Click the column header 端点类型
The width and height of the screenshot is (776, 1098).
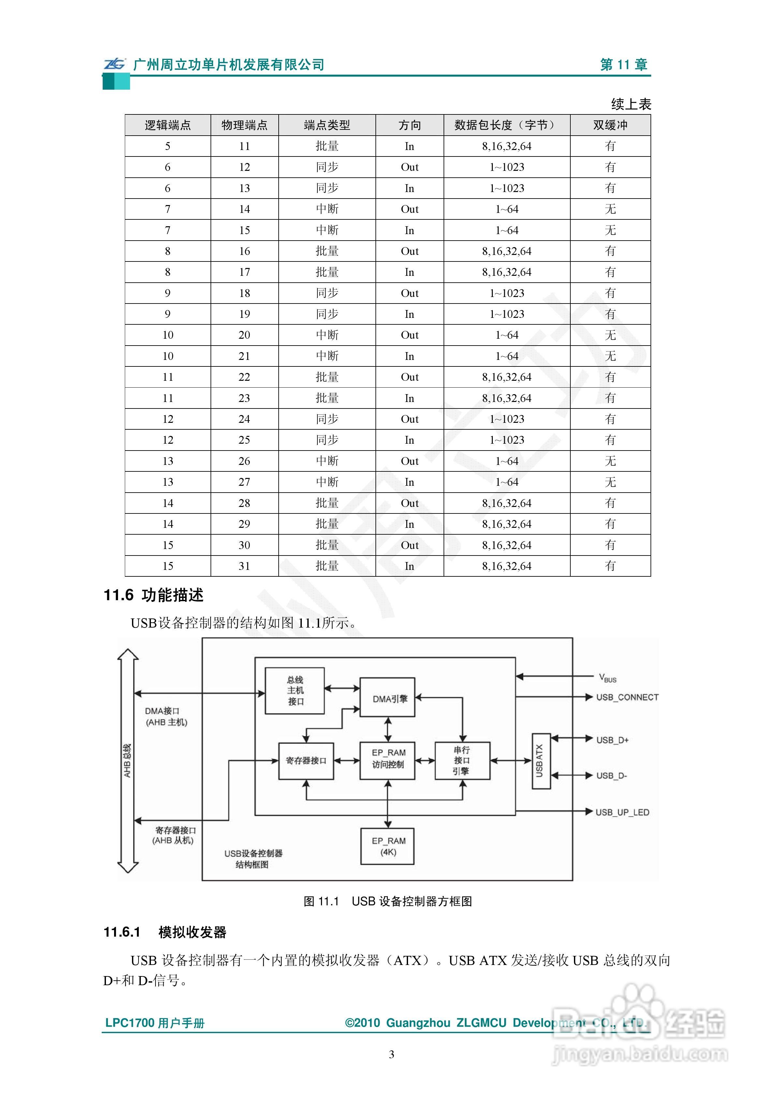point(327,125)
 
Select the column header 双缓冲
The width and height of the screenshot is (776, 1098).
point(610,125)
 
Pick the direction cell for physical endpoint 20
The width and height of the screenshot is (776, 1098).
point(409,335)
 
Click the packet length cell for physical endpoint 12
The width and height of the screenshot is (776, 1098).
point(507,167)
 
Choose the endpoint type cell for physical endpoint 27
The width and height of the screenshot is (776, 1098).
point(327,482)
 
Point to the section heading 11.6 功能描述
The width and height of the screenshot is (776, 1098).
point(154,595)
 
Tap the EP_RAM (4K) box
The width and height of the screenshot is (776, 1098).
point(387,846)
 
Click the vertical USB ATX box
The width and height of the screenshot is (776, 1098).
point(541,761)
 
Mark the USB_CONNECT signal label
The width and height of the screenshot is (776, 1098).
point(627,698)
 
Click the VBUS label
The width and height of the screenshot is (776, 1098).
point(608,678)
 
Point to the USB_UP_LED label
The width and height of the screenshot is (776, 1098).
point(622,812)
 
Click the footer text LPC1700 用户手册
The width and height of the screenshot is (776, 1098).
point(155,1023)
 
